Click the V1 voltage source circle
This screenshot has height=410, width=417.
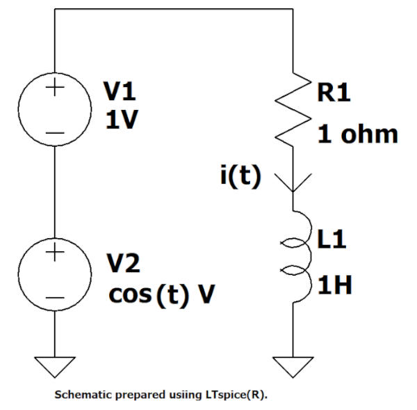point(56,111)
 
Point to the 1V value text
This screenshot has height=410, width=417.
point(121,121)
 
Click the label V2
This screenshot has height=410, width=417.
point(124,264)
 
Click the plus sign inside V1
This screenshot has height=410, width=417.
point(56,90)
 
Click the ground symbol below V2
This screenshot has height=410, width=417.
point(56,364)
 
